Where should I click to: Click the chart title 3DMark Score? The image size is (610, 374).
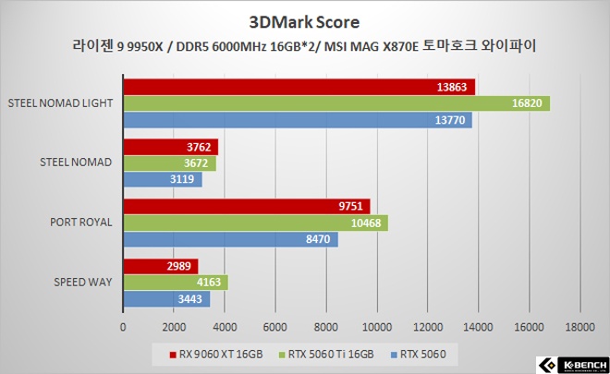click(x=304, y=20)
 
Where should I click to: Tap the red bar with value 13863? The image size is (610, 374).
click(x=299, y=87)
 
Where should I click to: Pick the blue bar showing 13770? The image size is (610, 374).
click(x=297, y=120)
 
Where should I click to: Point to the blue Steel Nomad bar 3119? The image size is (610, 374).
click(x=162, y=179)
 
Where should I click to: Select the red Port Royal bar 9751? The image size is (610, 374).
click(x=246, y=206)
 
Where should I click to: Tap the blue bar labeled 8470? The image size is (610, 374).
click(x=230, y=239)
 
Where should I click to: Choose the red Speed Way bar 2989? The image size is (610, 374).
click(x=160, y=266)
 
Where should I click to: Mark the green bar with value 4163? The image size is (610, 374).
click(x=175, y=283)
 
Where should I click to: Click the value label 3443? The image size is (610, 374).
click(x=193, y=299)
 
